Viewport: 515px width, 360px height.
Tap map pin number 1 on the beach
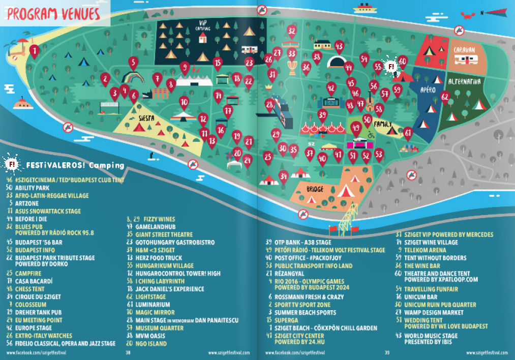[34, 51]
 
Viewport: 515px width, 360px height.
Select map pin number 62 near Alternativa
[445, 97]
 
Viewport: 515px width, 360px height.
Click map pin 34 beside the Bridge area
[284, 176]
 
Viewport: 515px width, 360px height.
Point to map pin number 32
[291, 32]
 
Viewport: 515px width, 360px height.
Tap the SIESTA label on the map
[145, 118]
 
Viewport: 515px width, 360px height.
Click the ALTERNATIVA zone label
[465, 81]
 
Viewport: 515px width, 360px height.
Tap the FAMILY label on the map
[384, 124]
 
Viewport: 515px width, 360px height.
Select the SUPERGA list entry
[288, 320]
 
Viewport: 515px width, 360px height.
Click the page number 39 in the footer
[387, 352]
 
